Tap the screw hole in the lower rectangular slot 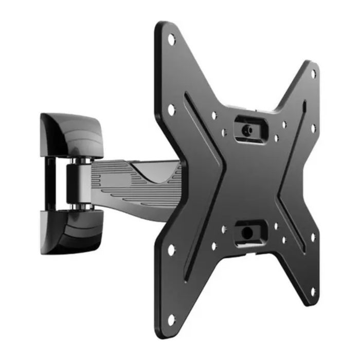[247, 232]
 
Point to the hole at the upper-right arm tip [314, 74]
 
